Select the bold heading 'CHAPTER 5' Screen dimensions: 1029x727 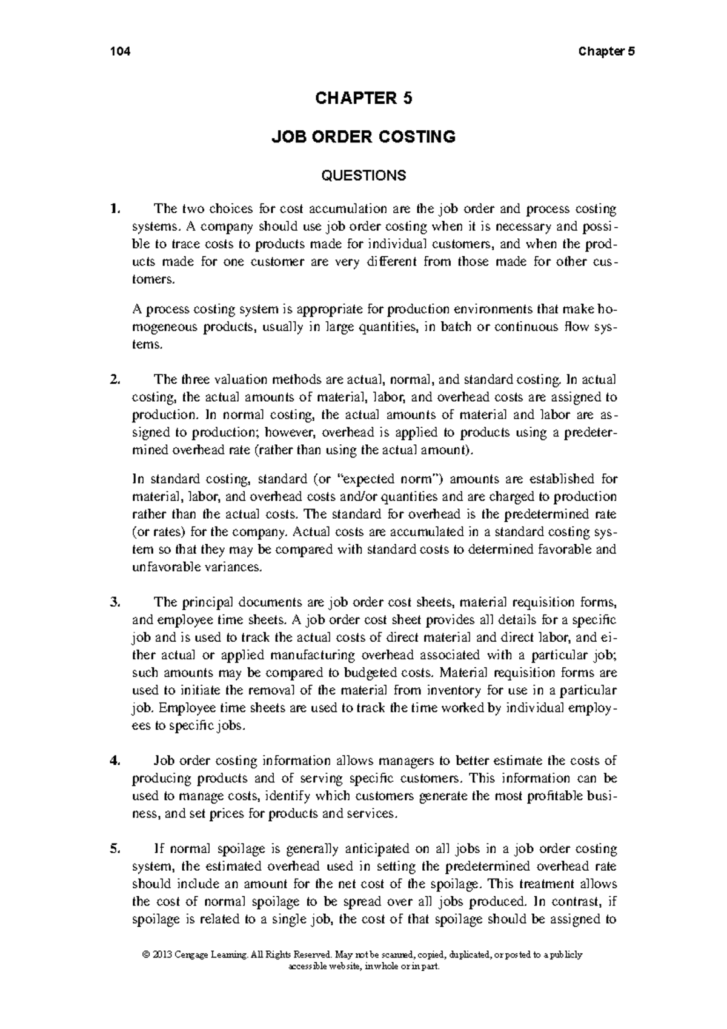[363, 98]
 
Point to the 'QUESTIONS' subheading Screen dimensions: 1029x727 [363, 176]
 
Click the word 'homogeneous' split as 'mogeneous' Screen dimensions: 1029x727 [162, 328]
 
